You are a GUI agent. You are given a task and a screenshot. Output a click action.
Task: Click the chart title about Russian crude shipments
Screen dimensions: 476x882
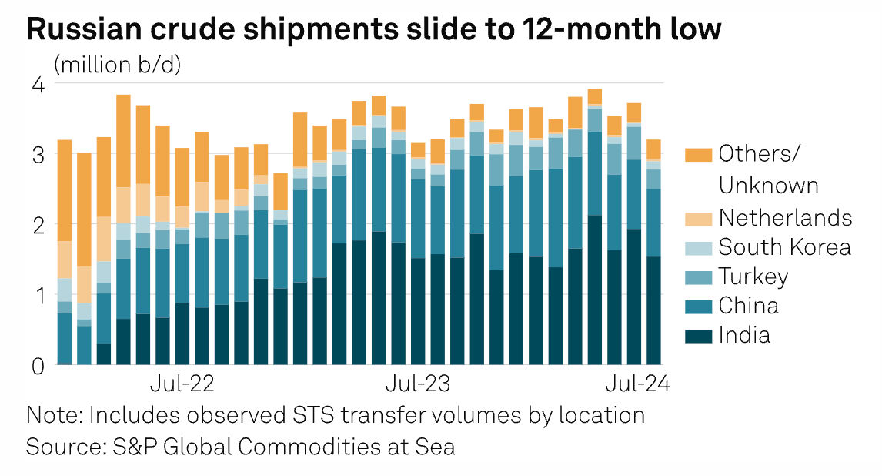click(x=374, y=29)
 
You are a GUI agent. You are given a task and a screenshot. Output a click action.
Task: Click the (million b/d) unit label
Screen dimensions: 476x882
click(x=118, y=65)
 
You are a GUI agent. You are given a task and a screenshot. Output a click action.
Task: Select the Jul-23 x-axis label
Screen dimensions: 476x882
click(x=418, y=383)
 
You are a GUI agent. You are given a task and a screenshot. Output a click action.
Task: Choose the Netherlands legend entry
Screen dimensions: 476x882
click(x=785, y=218)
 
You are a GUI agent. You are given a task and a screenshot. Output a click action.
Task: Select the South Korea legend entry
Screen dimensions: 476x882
click(x=784, y=247)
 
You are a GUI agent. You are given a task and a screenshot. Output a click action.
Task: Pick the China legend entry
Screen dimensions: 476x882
click(x=748, y=306)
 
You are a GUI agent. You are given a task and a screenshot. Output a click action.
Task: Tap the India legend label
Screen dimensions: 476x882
click(x=744, y=335)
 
